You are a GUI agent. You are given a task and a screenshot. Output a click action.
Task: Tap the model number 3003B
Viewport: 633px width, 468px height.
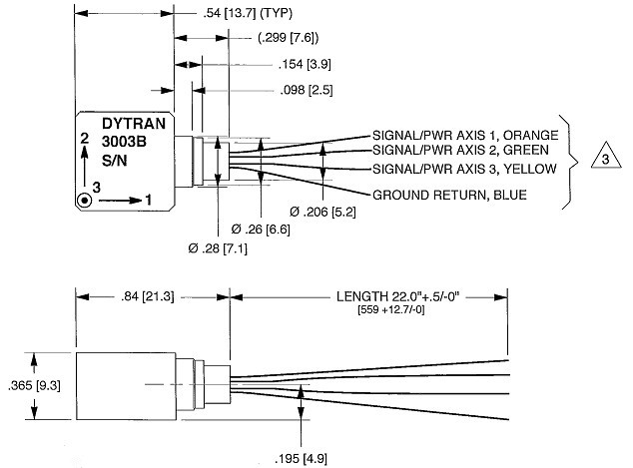[125, 142]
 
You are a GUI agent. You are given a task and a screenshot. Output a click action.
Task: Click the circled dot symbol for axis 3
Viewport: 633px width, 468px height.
[86, 200]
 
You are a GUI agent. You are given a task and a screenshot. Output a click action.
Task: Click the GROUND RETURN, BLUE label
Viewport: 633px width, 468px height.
[448, 195]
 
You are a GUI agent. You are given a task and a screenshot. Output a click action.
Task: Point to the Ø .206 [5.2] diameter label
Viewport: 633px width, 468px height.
[322, 213]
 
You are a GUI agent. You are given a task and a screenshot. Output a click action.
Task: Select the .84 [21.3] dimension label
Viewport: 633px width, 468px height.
[150, 295]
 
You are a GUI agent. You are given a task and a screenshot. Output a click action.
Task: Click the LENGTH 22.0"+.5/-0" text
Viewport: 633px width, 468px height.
[403, 295]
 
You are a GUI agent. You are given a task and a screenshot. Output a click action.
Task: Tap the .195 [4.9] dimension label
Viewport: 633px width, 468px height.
[300, 457]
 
